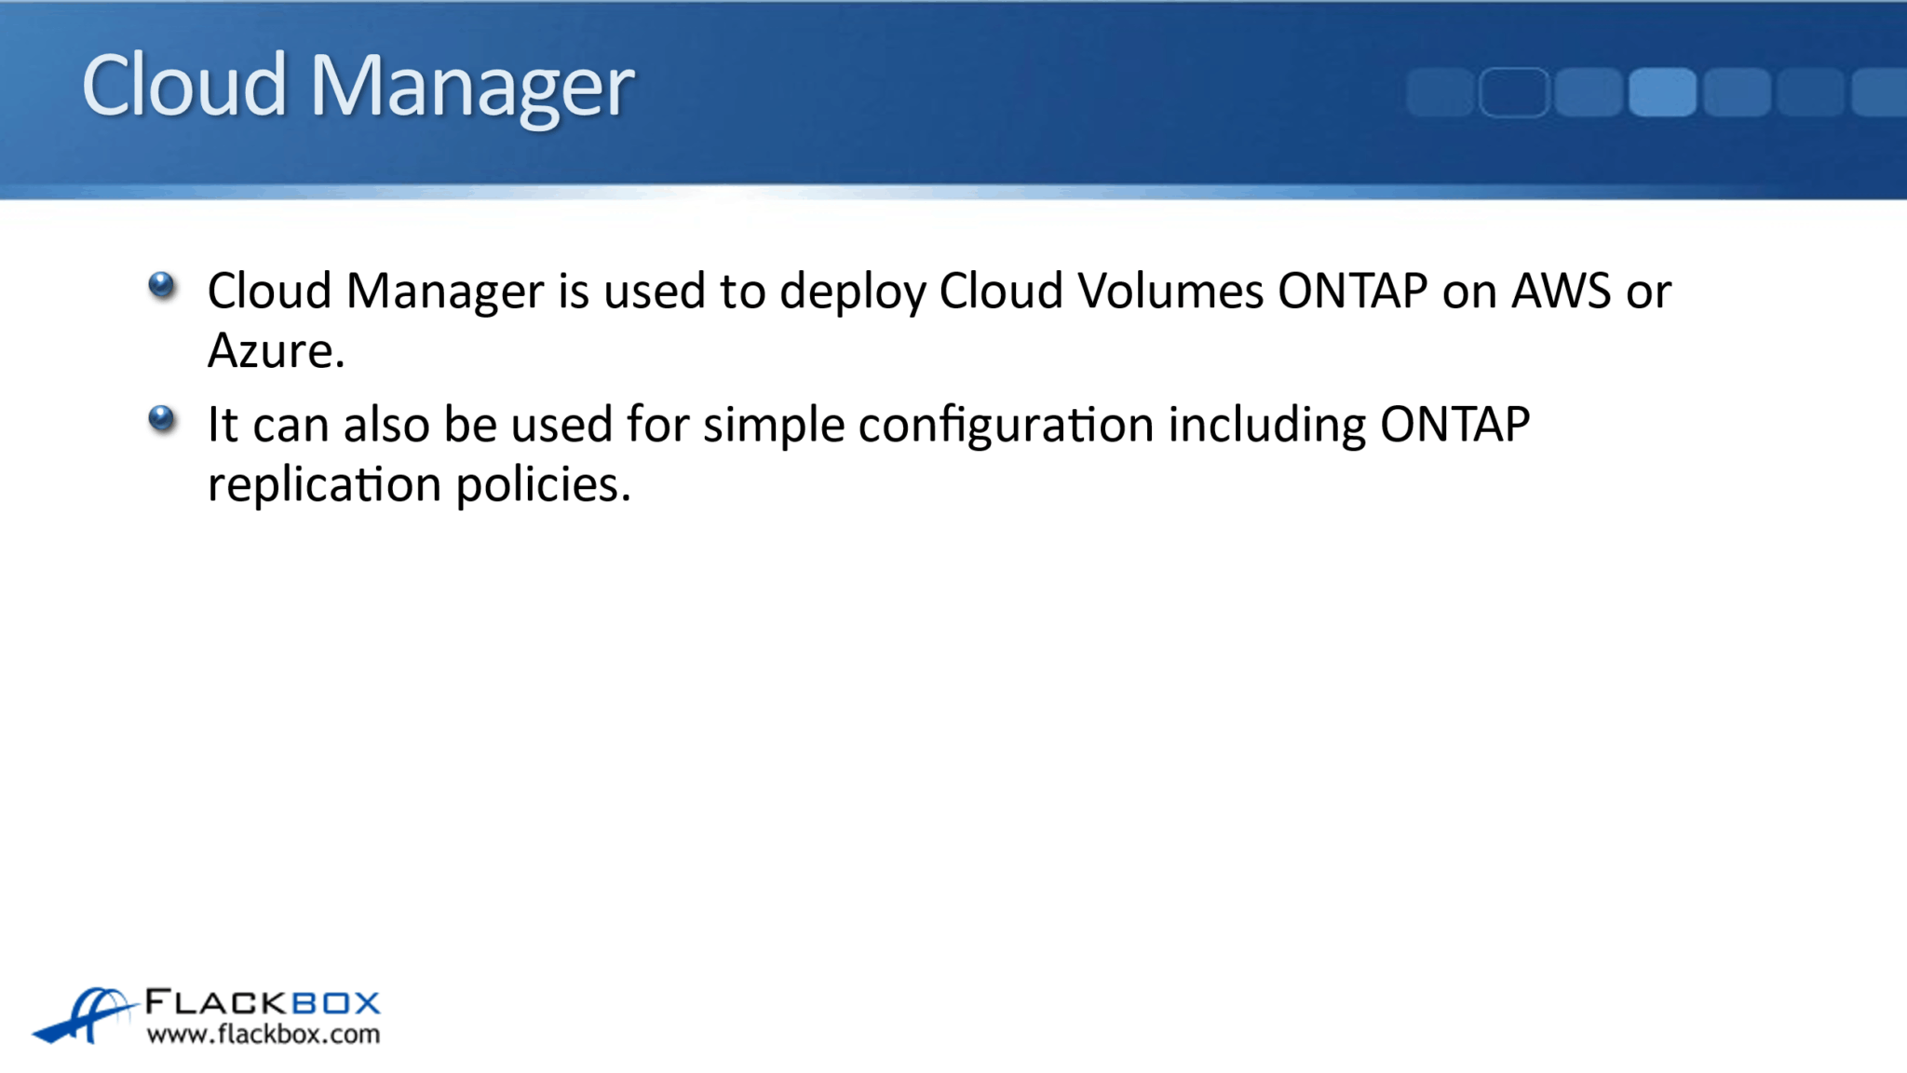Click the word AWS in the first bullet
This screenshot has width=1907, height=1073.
(1561, 291)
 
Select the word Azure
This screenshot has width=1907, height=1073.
(276, 351)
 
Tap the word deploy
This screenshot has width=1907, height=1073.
(852, 292)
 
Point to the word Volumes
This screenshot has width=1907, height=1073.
(1170, 291)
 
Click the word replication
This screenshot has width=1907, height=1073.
(324, 485)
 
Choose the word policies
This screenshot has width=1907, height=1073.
(543, 485)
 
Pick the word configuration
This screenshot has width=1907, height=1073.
(1006, 426)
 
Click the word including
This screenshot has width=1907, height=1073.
(1266, 426)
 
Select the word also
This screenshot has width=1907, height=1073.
(385, 425)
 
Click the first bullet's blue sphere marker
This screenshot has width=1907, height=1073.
(162, 285)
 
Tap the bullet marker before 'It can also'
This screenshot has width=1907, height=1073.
(162, 418)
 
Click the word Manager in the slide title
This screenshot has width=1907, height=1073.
(471, 86)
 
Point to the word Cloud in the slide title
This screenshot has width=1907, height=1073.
(184, 85)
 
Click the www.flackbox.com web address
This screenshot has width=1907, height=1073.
(264, 1035)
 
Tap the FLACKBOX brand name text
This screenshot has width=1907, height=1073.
(264, 1003)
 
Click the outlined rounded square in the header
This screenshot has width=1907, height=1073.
(1513, 92)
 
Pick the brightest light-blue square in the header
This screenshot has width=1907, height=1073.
(1662, 92)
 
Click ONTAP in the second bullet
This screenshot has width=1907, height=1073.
(1454, 425)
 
